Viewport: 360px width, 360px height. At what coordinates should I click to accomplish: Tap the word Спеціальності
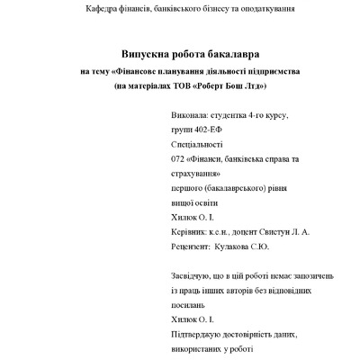pos(197,145)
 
